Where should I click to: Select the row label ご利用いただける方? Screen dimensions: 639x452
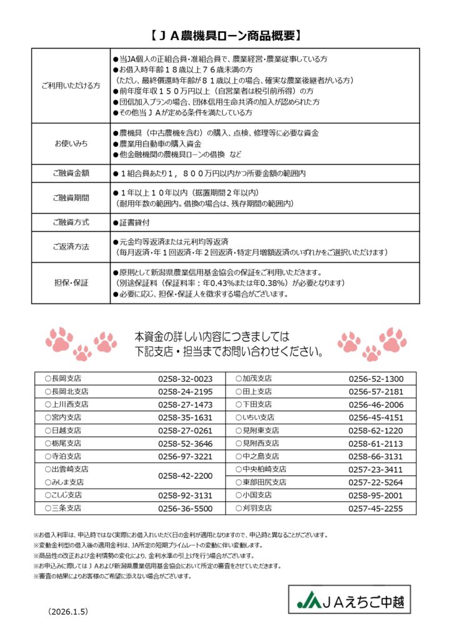(x=71, y=85)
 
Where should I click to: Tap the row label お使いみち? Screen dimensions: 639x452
(x=71, y=144)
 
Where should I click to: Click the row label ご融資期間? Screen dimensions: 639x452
(x=71, y=198)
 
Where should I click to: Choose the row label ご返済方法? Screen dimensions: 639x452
(x=71, y=246)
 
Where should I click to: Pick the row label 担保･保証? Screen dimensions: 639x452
(x=71, y=283)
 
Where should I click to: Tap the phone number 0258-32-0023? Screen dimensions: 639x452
(x=185, y=379)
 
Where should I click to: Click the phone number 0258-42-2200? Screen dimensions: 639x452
(x=185, y=475)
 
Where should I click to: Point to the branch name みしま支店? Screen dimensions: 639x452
(x=67, y=482)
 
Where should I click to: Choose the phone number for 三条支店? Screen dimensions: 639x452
(x=185, y=509)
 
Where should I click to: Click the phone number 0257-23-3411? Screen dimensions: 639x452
(x=376, y=469)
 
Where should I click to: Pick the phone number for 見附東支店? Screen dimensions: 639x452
(x=376, y=431)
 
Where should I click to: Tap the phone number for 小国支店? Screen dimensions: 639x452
(x=376, y=495)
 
